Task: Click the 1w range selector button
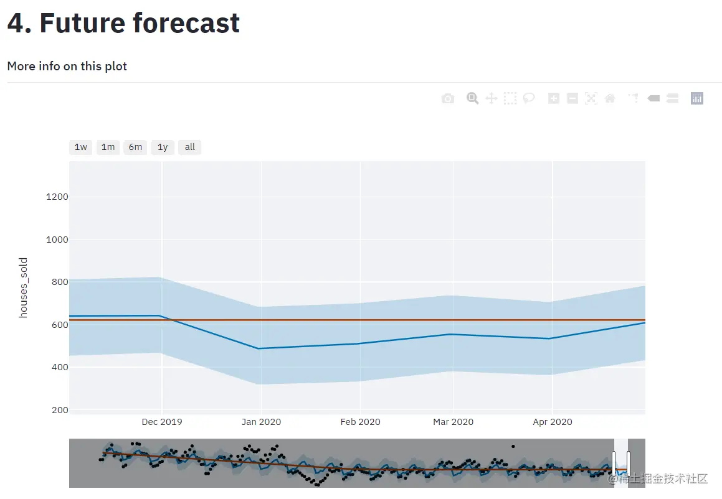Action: click(x=81, y=147)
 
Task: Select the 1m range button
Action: click(x=108, y=147)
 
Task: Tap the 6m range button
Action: click(x=135, y=147)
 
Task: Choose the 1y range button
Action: click(x=163, y=147)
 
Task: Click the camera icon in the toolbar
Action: click(x=448, y=98)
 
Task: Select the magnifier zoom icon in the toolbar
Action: click(x=473, y=98)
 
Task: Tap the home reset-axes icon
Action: click(x=610, y=98)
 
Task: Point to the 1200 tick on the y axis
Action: click(x=57, y=197)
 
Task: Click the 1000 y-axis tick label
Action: click(x=57, y=240)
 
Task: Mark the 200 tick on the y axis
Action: click(x=60, y=410)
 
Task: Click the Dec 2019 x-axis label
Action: click(x=162, y=422)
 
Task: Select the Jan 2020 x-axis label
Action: click(x=261, y=422)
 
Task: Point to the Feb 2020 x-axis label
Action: click(x=360, y=422)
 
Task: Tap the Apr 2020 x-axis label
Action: click(x=553, y=422)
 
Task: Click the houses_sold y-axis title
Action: click(x=24, y=287)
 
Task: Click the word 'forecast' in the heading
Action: click(x=186, y=23)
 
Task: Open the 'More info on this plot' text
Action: click(x=67, y=66)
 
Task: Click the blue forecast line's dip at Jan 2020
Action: click(x=260, y=348)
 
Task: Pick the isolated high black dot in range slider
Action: click(x=513, y=446)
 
